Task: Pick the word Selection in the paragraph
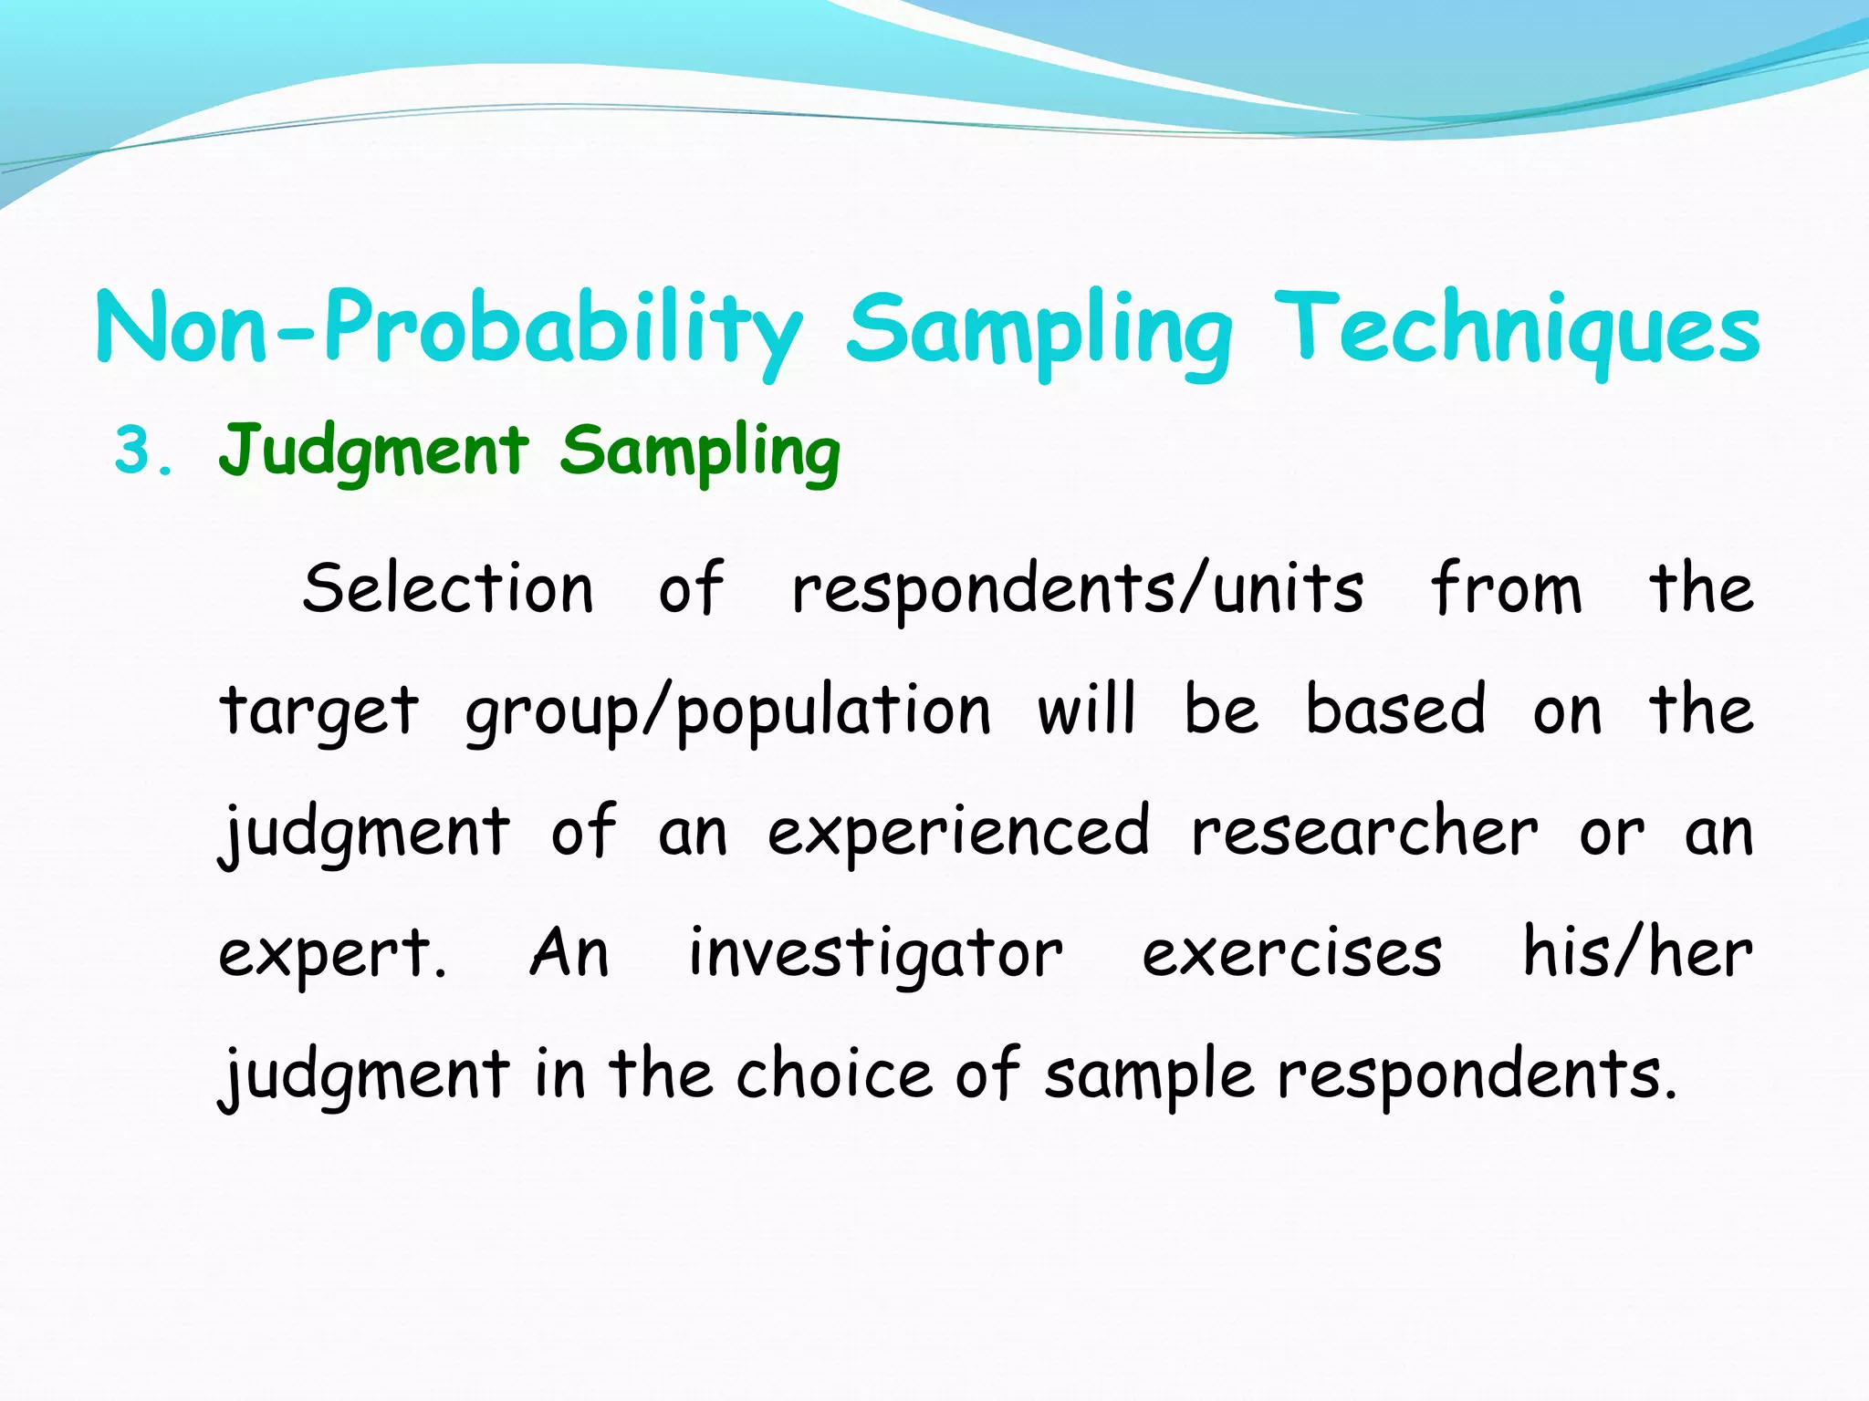[x=448, y=588]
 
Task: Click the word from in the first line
[x=1506, y=588]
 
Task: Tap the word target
[x=319, y=712]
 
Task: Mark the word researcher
[x=1364, y=833]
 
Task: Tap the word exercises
[x=1292, y=954]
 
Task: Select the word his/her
[x=1638, y=952]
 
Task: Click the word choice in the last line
[x=834, y=1074]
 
